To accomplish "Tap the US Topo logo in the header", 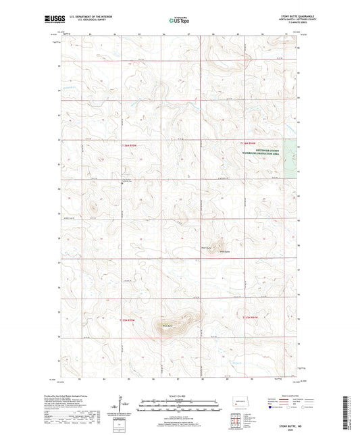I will (x=178, y=20).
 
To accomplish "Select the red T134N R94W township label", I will (x=249, y=143).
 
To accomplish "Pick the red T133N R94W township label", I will (x=249, y=317).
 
